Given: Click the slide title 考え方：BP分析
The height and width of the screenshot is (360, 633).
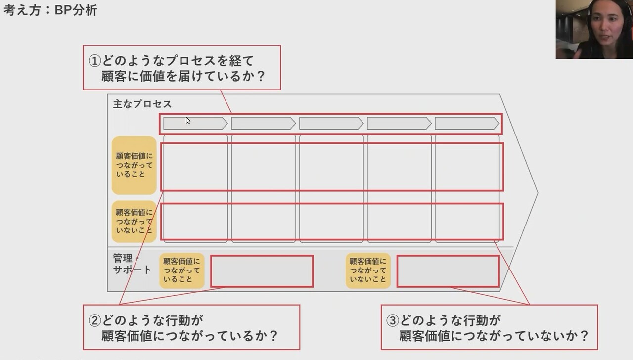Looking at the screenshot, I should [x=50, y=10].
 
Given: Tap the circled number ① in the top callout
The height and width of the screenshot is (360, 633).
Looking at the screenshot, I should [x=94, y=61].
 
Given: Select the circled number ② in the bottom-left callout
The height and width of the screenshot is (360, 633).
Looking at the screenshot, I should [x=94, y=320].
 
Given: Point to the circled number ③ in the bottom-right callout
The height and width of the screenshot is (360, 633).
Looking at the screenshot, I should [x=392, y=320].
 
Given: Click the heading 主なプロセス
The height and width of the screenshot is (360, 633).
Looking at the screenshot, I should [x=142, y=104].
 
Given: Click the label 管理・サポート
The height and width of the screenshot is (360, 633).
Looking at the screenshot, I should [x=131, y=264].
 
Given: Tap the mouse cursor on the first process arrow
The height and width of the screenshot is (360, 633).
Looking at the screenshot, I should [x=188, y=121].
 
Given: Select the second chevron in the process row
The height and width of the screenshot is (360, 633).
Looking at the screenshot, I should [x=263, y=123].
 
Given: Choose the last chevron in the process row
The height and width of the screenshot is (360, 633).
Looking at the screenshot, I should [x=466, y=123].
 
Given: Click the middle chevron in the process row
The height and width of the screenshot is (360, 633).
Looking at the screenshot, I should [x=331, y=123].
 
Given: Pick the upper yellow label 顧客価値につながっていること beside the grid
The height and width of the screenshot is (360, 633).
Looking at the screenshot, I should [x=134, y=165].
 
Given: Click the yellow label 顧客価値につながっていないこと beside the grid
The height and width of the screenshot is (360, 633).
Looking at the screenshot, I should [x=134, y=221].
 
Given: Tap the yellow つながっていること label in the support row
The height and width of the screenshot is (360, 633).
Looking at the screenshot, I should [x=181, y=270].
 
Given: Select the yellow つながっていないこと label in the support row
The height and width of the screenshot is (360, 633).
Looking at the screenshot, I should [x=368, y=270].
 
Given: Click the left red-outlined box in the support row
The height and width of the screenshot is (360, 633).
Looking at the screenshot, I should [x=262, y=271].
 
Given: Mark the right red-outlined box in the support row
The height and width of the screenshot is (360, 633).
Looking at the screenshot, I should [x=448, y=271].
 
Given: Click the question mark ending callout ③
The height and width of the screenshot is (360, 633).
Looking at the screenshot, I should [x=584, y=336].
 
